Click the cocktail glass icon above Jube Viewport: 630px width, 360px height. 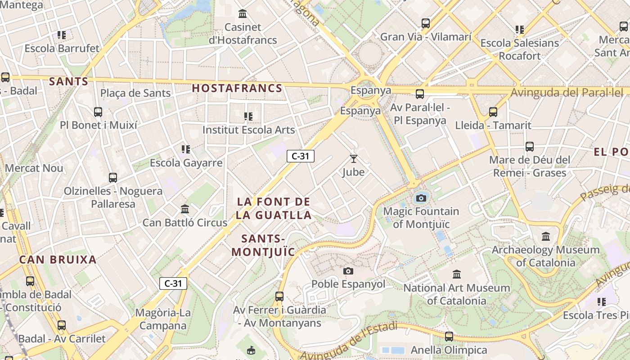point(353,158)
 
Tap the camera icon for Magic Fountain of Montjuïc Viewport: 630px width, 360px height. point(421,198)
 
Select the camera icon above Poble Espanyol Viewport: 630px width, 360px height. point(348,271)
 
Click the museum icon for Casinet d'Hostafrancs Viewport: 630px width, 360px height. point(243,13)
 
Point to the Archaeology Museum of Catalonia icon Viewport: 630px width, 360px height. point(546,236)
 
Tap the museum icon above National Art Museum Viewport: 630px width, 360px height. point(457,274)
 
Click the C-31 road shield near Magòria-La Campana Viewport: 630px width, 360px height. point(173,283)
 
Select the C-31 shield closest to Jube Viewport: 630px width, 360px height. point(301,156)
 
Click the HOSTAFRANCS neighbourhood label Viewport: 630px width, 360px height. point(237,88)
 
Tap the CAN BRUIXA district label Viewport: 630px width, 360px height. point(58,260)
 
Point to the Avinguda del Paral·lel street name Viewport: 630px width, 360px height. point(567,93)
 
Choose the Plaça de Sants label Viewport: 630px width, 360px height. point(135,93)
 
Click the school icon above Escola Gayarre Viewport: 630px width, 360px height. point(185,149)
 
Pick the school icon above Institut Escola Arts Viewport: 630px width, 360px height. point(248,117)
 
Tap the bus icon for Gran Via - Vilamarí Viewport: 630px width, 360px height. point(425,23)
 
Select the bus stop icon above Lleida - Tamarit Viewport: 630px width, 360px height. point(493,112)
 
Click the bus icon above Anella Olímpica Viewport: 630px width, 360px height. point(449,336)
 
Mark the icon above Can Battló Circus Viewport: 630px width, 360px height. point(185,209)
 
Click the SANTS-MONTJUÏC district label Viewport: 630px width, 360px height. point(263,245)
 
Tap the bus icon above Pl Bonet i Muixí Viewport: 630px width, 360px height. point(98,112)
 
